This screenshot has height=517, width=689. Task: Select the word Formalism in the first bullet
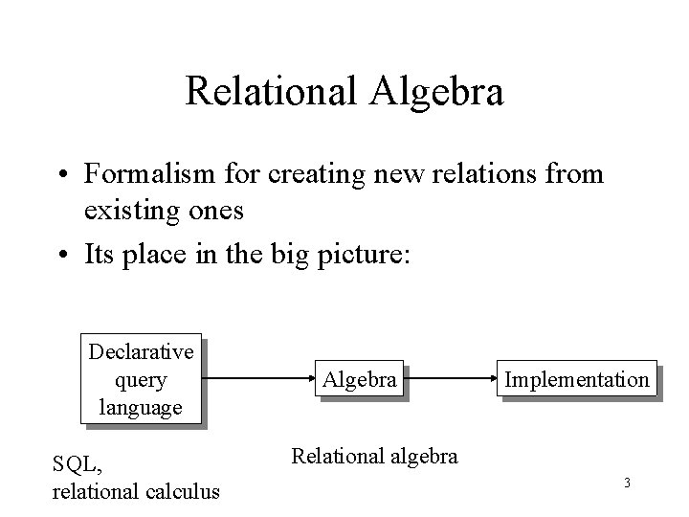(x=144, y=174)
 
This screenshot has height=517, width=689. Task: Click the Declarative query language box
(x=142, y=380)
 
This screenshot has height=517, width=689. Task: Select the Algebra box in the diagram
(x=359, y=380)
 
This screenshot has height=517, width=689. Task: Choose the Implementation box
(x=576, y=380)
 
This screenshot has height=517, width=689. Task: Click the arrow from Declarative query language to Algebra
(x=263, y=380)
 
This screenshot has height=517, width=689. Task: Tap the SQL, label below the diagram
(x=78, y=463)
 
